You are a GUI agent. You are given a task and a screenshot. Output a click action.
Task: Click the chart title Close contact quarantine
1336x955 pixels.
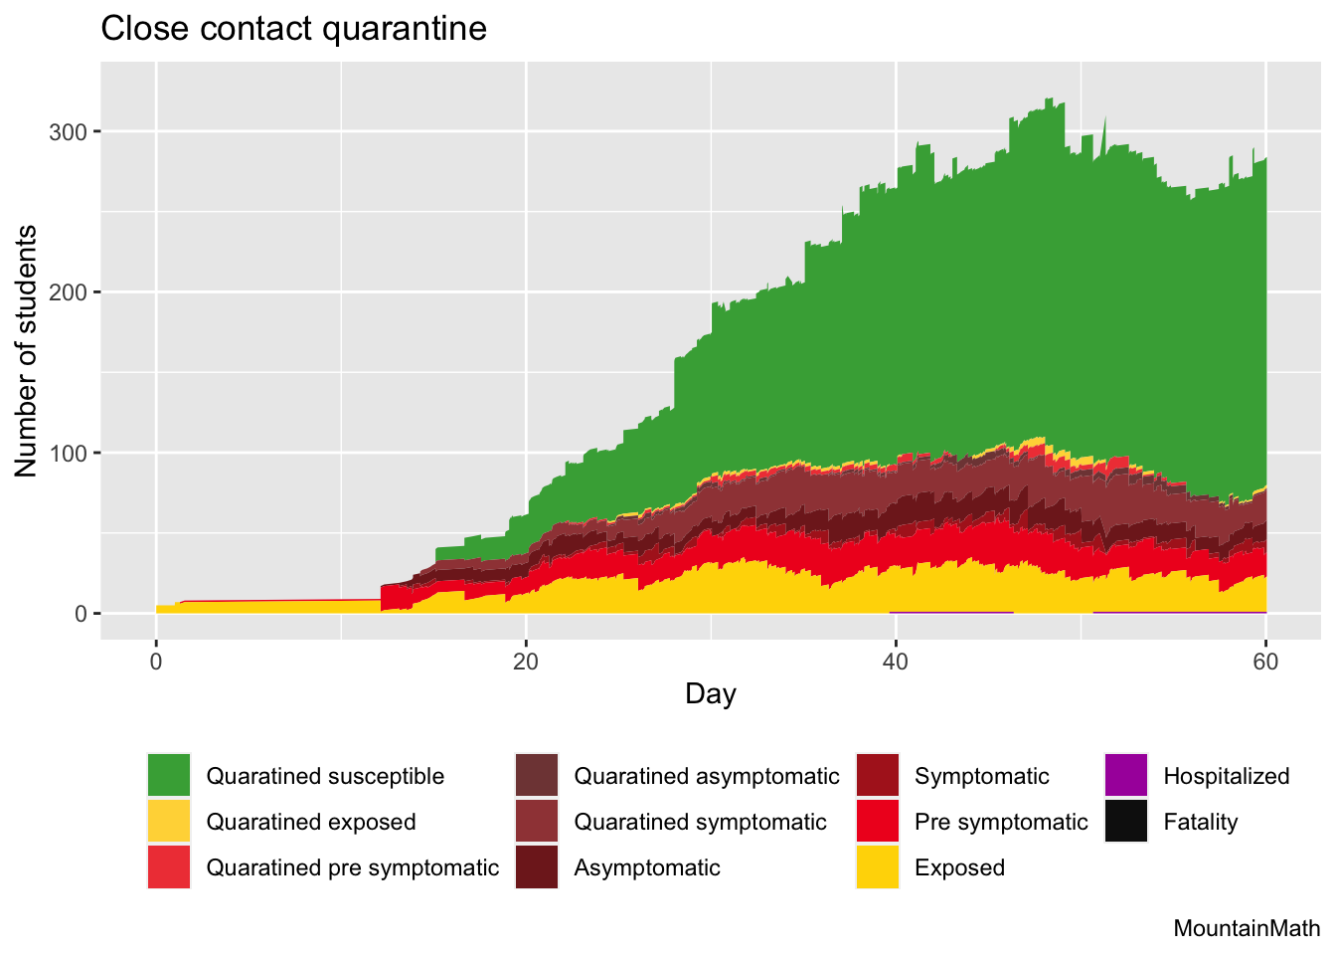tap(293, 29)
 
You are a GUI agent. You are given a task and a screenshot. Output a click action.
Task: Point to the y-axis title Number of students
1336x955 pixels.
tap(27, 351)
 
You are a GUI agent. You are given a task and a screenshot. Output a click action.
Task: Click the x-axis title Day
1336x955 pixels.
tap(710, 693)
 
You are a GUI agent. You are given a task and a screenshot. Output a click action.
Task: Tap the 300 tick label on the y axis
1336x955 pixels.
tap(69, 131)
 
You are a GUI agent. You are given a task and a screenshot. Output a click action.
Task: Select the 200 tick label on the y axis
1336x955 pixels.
tap(69, 292)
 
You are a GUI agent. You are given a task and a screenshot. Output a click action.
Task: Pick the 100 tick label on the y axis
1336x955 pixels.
tap(69, 454)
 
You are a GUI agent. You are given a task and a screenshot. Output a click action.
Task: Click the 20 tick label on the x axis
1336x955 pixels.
tap(526, 662)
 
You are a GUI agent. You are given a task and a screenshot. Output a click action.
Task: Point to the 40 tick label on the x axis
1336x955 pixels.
tap(896, 662)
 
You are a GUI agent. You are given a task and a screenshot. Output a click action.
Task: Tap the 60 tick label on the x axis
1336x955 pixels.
tap(1265, 662)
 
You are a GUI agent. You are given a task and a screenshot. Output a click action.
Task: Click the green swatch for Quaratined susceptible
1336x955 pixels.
tap(168, 776)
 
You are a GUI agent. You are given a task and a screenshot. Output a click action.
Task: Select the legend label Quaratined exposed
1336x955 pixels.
tap(310, 822)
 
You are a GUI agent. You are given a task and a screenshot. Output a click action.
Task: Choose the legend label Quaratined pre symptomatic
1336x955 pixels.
tap(352, 867)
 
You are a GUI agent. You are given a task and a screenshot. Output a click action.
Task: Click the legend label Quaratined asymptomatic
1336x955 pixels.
tap(706, 776)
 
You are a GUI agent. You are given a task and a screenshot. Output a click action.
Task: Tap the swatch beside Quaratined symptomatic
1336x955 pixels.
tap(537, 822)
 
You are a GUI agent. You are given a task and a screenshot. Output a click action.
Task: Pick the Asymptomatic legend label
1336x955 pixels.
tap(646, 867)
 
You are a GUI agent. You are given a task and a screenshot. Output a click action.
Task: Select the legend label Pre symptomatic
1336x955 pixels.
tap(1001, 822)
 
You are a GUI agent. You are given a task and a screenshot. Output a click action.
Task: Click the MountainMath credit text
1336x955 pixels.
tap(1247, 929)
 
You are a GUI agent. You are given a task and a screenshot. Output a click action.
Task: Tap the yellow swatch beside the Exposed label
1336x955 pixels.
tap(878, 867)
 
